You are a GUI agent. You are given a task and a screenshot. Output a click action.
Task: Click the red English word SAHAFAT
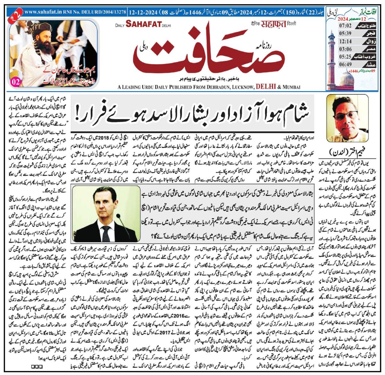(143, 24)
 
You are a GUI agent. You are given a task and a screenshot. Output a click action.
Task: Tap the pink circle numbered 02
(15, 82)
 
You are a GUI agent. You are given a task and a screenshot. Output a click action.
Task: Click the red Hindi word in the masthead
(273, 23)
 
